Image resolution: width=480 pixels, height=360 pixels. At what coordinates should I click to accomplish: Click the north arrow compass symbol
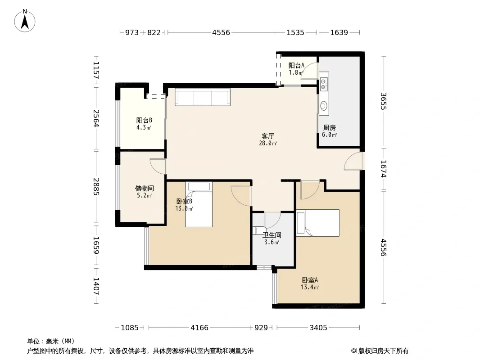point(25,21)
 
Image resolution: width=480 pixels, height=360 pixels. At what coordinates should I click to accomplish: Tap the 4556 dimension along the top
point(221,32)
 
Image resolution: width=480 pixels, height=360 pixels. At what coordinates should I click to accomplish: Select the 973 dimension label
point(132,32)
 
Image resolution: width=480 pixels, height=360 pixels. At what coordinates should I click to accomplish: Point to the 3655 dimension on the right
point(383,101)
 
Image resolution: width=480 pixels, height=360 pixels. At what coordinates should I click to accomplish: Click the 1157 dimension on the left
point(96,70)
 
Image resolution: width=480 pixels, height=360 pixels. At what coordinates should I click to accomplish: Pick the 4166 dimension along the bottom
point(199,328)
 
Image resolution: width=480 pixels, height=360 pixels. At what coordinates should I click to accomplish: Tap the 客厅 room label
point(267,136)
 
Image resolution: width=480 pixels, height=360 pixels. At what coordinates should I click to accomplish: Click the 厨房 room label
point(330,127)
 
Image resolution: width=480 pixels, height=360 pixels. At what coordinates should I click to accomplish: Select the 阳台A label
point(296,65)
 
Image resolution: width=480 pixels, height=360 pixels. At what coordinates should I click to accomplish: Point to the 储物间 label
point(144,189)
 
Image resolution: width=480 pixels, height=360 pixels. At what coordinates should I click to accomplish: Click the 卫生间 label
point(272,235)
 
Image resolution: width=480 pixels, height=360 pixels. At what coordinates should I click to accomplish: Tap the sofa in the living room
point(203,97)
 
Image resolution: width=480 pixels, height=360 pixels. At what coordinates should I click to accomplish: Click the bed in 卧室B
point(199,204)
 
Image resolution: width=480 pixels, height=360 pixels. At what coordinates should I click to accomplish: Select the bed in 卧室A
point(318,223)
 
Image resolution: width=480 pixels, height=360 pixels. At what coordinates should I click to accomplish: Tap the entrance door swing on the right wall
point(353,161)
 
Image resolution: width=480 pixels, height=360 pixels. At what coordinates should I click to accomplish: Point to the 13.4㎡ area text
point(310,287)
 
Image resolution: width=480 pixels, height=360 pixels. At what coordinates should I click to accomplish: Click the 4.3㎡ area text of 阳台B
point(144,127)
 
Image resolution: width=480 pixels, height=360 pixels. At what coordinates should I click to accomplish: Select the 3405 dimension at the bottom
point(318,328)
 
